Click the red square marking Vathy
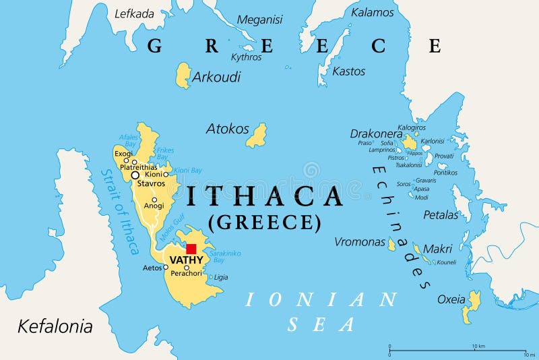tap(191, 249)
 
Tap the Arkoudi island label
tap(216, 77)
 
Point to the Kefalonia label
tap(55, 327)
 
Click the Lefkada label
tap(134, 13)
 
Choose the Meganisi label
tap(259, 20)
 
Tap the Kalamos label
tap(372, 12)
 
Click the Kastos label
tap(349, 71)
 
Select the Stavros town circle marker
tap(135, 175)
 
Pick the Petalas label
tap(441, 215)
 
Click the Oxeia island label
tap(451, 299)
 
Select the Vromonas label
tap(360, 242)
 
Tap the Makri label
tap(437, 249)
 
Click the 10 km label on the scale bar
tap(478, 347)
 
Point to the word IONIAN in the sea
tap(321, 299)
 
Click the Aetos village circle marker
tap(166, 268)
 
